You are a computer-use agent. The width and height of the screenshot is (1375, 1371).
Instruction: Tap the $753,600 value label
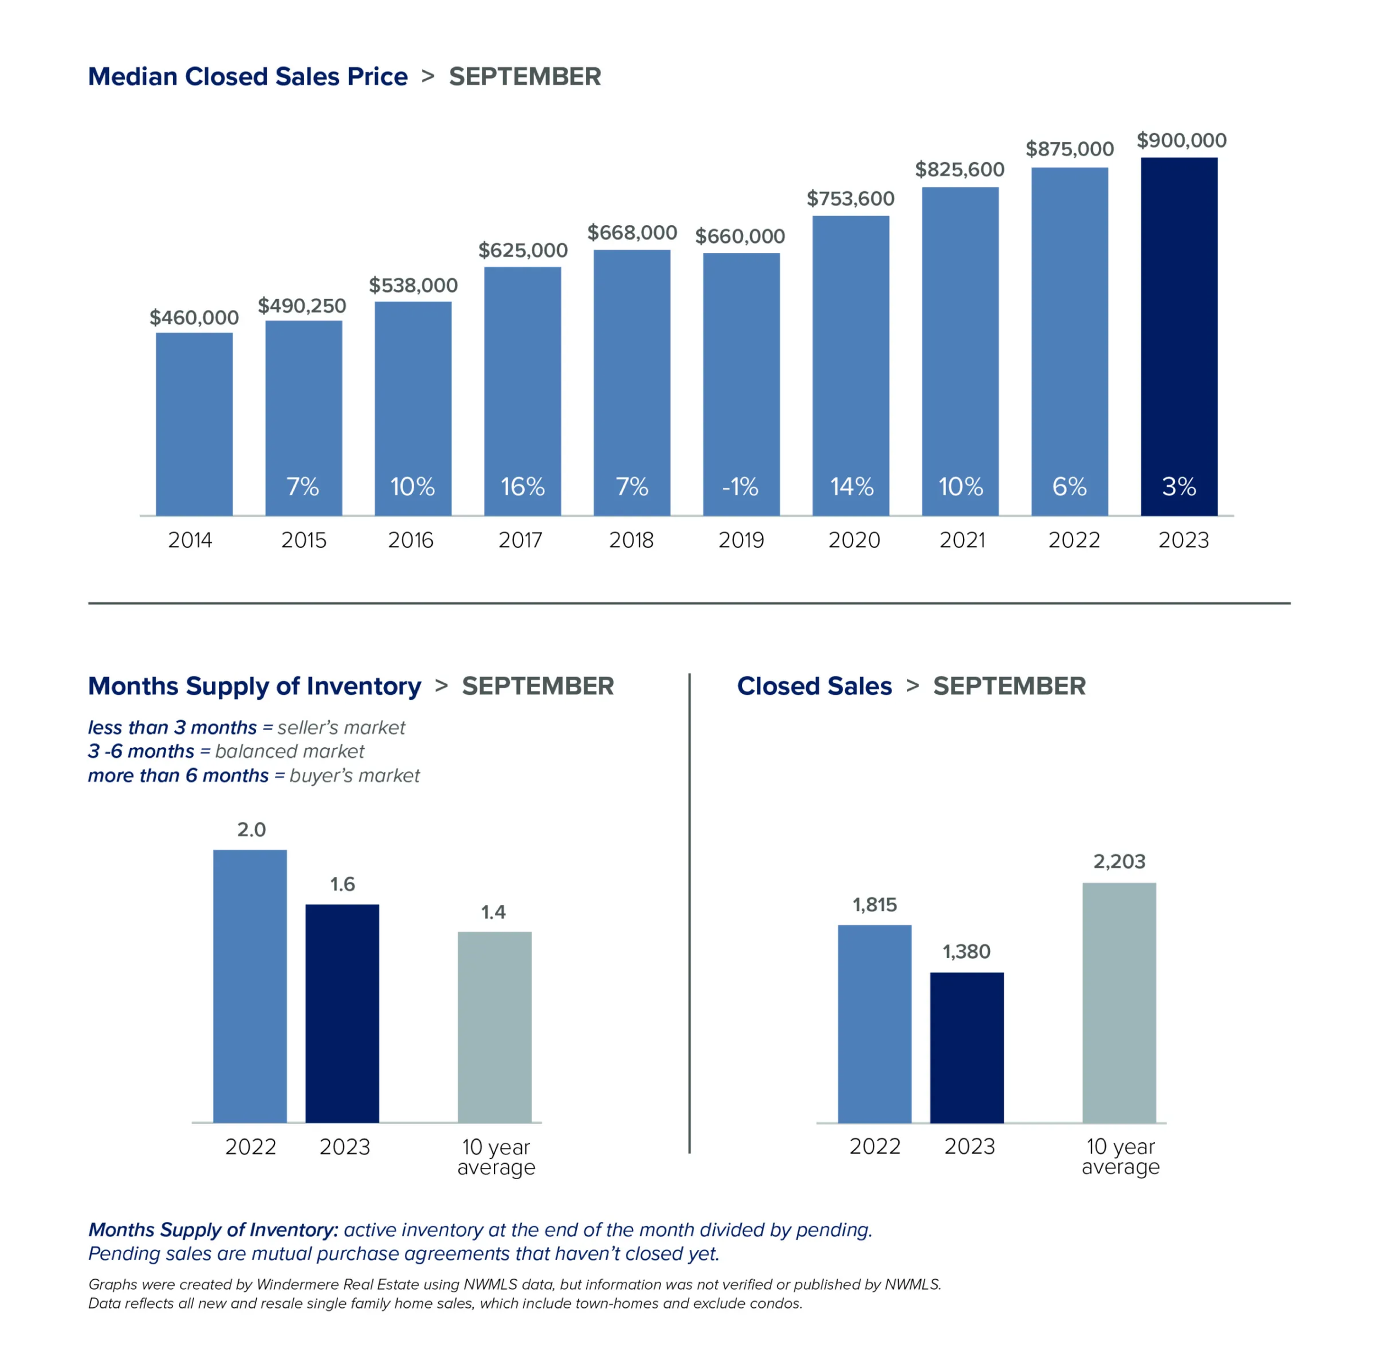pyautogui.click(x=850, y=198)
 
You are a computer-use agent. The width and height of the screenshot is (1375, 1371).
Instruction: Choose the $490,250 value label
pyautogui.click(x=302, y=306)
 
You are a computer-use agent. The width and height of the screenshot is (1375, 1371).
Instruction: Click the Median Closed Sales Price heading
pyautogui.click(x=248, y=77)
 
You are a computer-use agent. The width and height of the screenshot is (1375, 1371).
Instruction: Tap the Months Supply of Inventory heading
pyautogui.click(x=254, y=686)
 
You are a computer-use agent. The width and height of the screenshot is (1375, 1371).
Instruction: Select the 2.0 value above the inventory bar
pyautogui.click(x=251, y=830)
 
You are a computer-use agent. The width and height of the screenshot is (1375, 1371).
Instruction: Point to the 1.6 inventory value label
pyautogui.click(x=342, y=884)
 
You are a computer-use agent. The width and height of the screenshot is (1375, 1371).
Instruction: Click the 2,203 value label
pyautogui.click(x=1119, y=861)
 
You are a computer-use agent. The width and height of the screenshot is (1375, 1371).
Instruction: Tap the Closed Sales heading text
pyautogui.click(x=814, y=686)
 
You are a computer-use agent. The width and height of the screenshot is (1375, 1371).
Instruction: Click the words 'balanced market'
pyautogui.click(x=290, y=751)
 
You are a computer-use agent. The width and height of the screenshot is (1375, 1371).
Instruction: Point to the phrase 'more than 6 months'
pyautogui.click(x=178, y=776)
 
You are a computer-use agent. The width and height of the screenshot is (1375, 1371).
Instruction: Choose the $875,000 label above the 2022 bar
pyautogui.click(x=1070, y=150)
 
